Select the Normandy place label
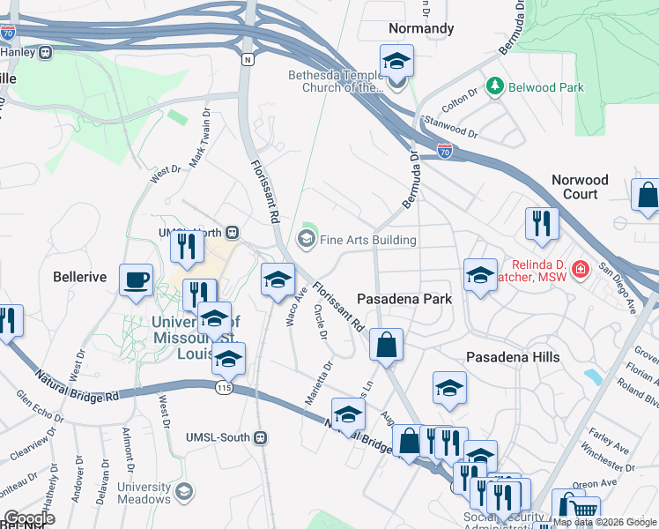tap(421, 28)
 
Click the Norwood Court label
tap(580, 187)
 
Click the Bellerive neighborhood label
tap(79, 277)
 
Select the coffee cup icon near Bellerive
tap(136, 279)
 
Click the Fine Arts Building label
tap(367, 239)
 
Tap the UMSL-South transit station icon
tap(260, 437)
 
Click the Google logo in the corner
tap(30, 518)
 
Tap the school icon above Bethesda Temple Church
tap(396, 62)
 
